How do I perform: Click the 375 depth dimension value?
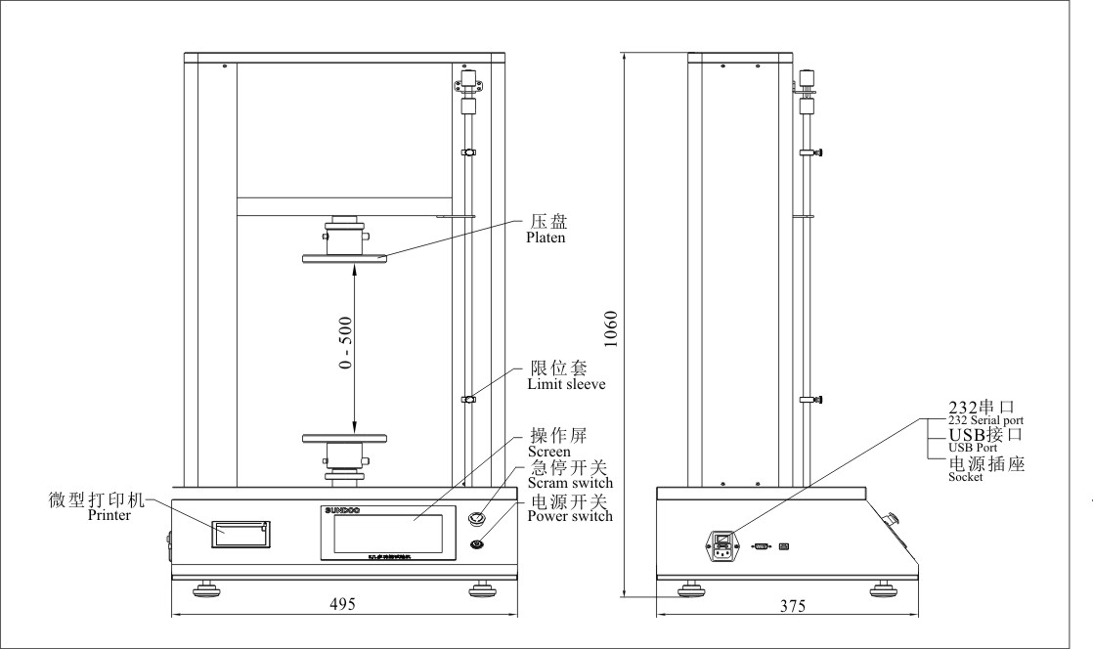click(x=793, y=606)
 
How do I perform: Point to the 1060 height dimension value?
click(x=611, y=331)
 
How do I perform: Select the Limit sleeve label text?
click(x=567, y=385)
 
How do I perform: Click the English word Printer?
click(x=109, y=515)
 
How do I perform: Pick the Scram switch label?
click(x=570, y=483)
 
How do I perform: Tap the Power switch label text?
click(x=570, y=516)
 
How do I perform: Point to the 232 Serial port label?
click(x=986, y=419)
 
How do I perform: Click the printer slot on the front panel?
click(x=240, y=534)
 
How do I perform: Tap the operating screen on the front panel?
click(x=387, y=534)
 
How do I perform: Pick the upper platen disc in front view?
click(x=345, y=258)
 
